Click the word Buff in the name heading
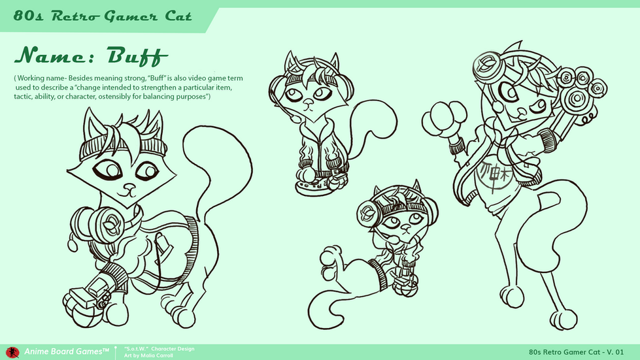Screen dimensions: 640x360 (x=137, y=56)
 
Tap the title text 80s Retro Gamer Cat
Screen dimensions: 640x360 (x=103, y=16)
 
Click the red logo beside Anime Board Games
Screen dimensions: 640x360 (x=12, y=352)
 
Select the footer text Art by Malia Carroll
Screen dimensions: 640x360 (x=148, y=355)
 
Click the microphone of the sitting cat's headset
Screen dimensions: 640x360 (x=295, y=119)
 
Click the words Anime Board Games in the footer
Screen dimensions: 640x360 (x=67, y=352)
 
